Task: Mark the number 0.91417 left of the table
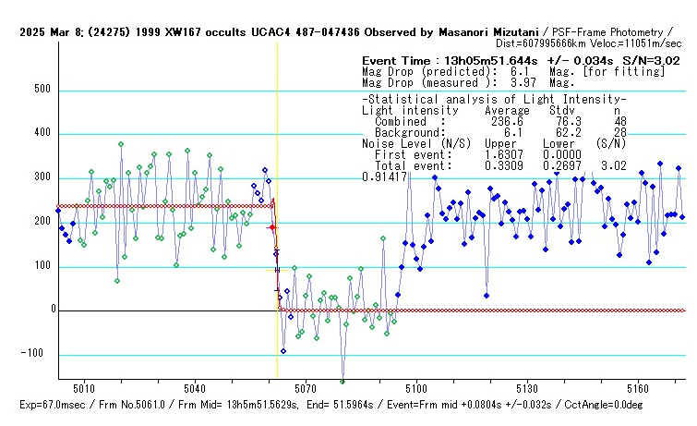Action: tap(385, 176)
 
